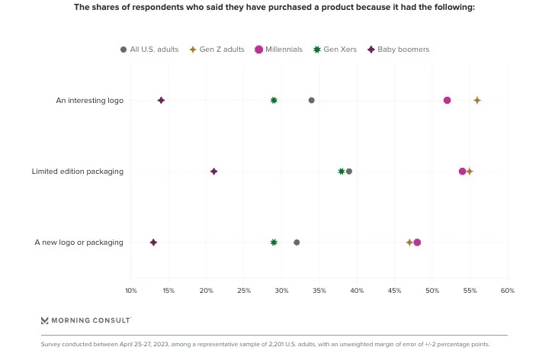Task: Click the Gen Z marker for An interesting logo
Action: (x=477, y=100)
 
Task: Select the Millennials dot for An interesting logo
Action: (x=447, y=100)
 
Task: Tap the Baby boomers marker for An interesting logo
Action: (x=161, y=100)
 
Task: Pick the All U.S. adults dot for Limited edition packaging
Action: (x=349, y=171)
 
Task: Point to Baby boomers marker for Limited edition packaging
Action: (x=214, y=171)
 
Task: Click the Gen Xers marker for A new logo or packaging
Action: (x=274, y=242)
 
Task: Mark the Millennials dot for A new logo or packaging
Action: (x=417, y=242)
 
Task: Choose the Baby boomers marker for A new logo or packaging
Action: (x=153, y=242)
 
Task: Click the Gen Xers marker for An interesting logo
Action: (x=274, y=100)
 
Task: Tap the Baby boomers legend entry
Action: (x=399, y=50)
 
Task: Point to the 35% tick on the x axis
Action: (x=319, y=291)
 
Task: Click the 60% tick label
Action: (x=508, y=291)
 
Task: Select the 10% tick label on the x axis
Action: (x=131, y=291)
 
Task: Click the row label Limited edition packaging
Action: (x=77, y=172)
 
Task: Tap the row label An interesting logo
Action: (x=89, y=101)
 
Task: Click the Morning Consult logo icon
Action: (x=45, y=320)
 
